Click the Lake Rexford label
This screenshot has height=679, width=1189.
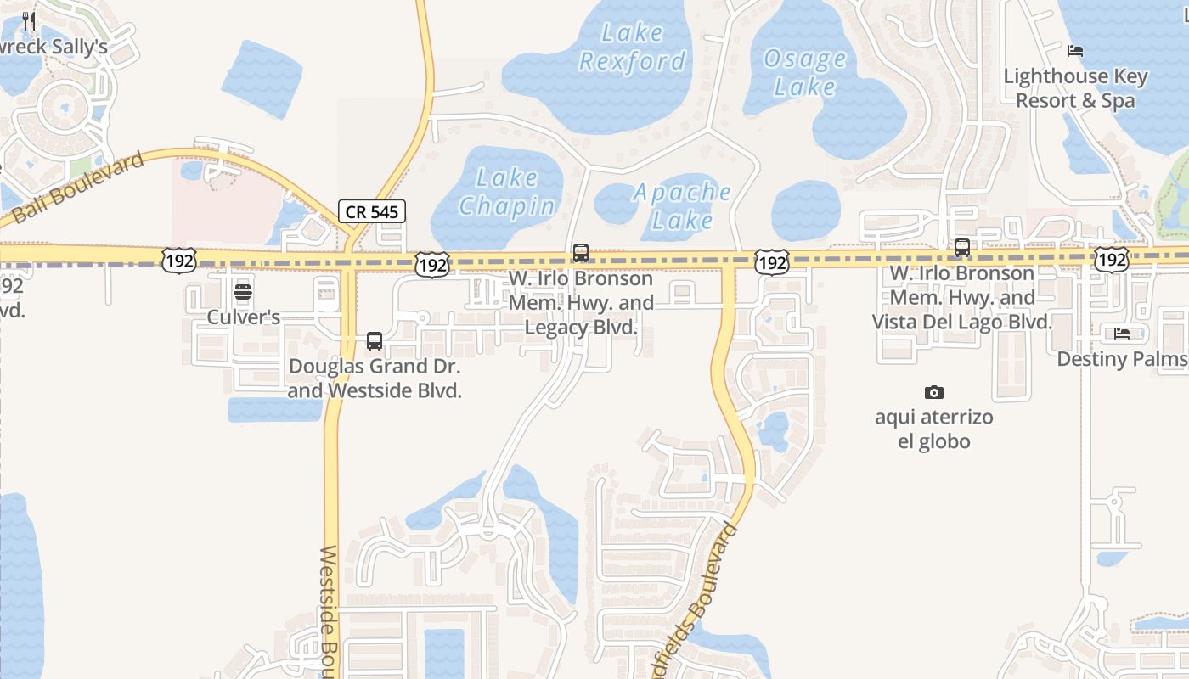(632, 47)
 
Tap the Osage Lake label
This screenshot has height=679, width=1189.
(805, 72)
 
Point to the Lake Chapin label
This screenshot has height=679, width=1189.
(508, 192)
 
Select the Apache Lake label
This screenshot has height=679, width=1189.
(683, 205)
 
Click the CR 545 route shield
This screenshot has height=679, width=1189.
(372, 211)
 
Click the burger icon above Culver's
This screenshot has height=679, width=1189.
(243, 293)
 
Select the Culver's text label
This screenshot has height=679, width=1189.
(244, 317)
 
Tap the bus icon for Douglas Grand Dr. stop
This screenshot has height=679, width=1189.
(375, 341)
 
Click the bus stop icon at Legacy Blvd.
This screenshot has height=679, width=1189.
(581, 252)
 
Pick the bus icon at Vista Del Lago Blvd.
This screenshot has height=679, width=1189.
(962, 248)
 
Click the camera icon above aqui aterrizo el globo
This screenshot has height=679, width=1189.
(934, 392)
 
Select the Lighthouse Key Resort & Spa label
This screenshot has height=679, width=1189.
(1075, 88)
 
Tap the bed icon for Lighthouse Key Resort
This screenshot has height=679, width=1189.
(1075, 51)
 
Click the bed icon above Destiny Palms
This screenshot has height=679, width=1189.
(1122, 334)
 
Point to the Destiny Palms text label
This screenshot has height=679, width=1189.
(1121, 359)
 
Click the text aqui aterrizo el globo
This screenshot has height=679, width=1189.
(934, 429)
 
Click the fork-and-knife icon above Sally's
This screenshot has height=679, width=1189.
(30, 20)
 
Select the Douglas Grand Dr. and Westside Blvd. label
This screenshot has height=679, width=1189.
(375, 379)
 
